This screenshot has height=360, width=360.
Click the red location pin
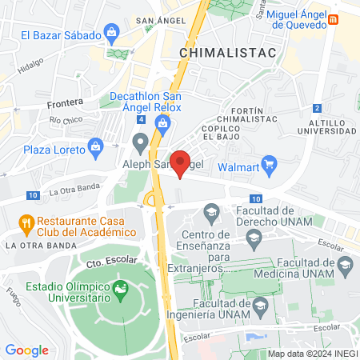click(x=181, y=162)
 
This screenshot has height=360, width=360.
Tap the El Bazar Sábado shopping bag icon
click(x=111, y=34)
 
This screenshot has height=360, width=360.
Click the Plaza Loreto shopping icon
click(x=97, y=147)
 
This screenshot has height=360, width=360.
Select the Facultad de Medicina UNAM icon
click(x=345, y=265)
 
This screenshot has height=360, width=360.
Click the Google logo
click(x=26, y=350)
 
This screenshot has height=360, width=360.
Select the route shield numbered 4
click(x=141, y=120)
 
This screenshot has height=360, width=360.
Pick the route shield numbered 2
click(x=318, y=108)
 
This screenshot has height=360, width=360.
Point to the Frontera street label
click(x=65, y=102)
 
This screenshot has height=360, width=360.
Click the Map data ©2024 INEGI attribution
click(x=312, y=354)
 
